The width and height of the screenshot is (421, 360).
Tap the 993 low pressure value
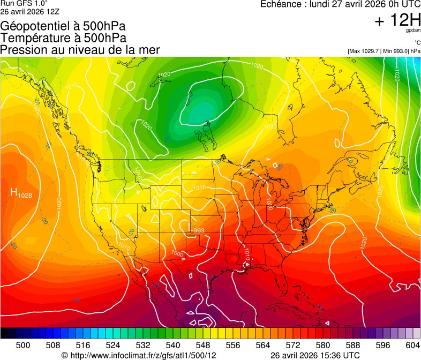click(x=198, y=231)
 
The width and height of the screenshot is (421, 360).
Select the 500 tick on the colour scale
click(x=23, y=345)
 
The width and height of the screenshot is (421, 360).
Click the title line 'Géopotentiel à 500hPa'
click(x=63, y=26)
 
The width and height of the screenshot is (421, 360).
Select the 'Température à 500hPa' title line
click(x=63, y=38)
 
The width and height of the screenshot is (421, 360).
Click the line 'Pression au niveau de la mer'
click(x=80, y=50)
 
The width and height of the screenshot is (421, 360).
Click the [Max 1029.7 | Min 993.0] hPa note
click(x=384, y=51)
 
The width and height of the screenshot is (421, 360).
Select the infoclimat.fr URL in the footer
click(x=139, y=355)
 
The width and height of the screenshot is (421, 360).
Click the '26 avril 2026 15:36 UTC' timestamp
click(x=315, y=355)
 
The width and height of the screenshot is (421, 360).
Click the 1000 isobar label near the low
click(x=177, y=253)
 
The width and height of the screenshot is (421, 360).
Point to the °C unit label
click(x=417, y=43)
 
